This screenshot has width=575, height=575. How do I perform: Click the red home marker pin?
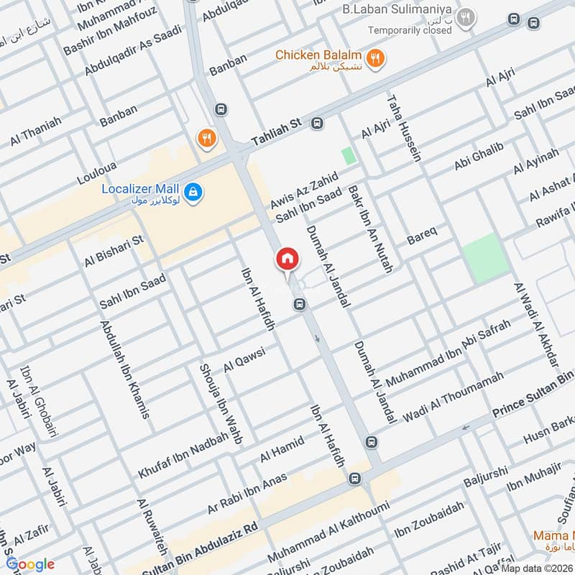pos(286,259)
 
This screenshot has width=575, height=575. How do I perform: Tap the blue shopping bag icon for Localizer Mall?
pos(193,192)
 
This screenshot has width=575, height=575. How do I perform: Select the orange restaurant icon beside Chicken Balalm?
pos(374,58)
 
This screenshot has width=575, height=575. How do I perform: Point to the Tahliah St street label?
pos(278,134)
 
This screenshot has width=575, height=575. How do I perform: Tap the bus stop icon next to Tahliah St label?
pos(316,124)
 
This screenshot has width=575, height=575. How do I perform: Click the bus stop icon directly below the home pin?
pos(299,305)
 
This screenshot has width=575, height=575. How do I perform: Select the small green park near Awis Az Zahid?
pos(349,155)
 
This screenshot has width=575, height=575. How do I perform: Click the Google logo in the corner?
pos(30,564)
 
